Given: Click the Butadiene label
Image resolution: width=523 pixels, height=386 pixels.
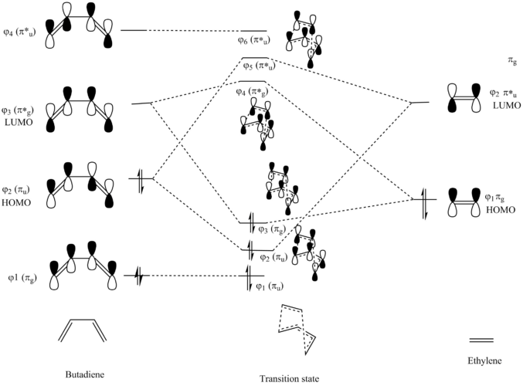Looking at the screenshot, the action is click(x=85, y=374).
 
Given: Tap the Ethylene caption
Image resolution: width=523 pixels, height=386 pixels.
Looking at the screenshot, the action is click(x=484, y=361).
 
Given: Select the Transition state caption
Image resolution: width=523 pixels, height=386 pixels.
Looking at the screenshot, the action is click(x=289, y=379).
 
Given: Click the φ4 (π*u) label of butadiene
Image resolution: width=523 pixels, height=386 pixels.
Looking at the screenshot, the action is click(x=19, y=32).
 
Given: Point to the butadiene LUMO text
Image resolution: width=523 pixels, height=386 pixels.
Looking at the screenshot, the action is click(x=19, y=122).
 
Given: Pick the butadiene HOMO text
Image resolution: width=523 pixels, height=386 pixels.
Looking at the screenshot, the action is click(x=16, y=203).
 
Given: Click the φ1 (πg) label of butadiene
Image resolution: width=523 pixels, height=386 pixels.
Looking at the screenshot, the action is click(x=22, y=279).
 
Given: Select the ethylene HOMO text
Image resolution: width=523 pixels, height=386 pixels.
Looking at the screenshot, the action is click(x=501, y=210).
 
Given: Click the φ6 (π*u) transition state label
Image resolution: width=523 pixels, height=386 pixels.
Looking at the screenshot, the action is click(x=254, y=40).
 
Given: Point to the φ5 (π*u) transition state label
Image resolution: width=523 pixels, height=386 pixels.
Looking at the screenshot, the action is click(x=259, y=66).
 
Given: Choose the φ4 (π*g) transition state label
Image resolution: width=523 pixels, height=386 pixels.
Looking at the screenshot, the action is click(x=252, y=91).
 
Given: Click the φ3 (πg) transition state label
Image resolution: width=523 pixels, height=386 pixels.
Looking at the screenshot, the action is click(x=273, y=229).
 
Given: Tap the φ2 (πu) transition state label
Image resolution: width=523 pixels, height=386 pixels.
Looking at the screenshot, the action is click(x=273, y=258).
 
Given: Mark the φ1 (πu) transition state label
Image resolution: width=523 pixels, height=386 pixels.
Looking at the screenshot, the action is click(x=270, y=286).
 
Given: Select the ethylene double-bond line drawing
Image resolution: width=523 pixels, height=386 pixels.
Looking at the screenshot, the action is click(x=481, y=340).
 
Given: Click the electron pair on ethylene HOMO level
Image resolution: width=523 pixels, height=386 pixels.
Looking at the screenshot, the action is click(x=424, y=204).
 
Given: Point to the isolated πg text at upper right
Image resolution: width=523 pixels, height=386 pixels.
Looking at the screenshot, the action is click(x=512, y=61).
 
